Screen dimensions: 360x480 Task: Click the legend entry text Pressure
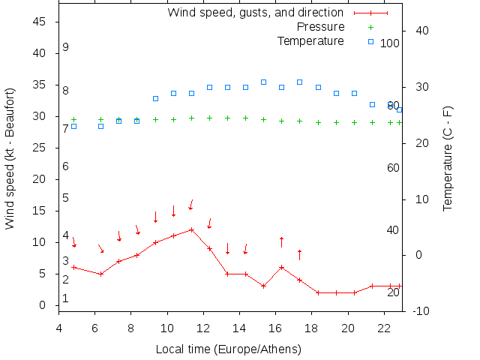[320, 27]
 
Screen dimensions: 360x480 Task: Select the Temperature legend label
[310, 40]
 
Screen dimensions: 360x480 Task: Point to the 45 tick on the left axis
[41, 22]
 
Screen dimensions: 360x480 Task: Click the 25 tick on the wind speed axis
[41, 148]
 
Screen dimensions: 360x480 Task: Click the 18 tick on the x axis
[312, 328]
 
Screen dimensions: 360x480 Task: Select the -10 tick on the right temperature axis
[421, 311]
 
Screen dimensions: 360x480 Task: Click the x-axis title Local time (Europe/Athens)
[228, 349]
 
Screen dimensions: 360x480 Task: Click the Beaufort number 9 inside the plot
[66, 47]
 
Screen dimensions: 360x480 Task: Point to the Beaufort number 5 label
[66, 198]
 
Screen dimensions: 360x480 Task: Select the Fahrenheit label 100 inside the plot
[390, 43]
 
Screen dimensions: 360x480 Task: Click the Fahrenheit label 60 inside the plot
[393, 168]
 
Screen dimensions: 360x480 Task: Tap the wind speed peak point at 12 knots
[191, 229]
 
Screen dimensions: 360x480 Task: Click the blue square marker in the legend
[370, 40]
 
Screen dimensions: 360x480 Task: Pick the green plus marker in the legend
[370, 27]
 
